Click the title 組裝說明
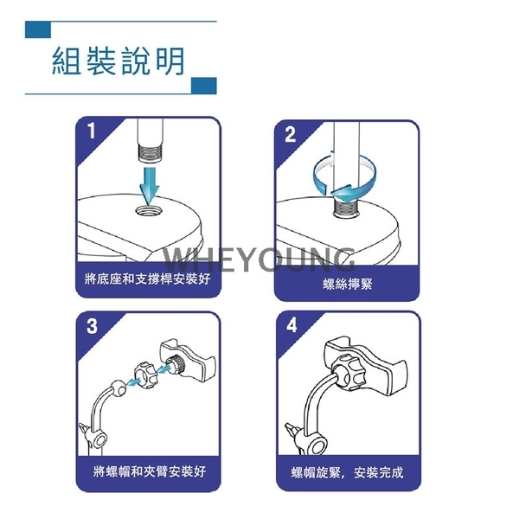(119, 61)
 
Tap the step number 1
(92, 131)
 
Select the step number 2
(290, 134)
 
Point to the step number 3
(92, 326)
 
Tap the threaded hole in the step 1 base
(149, 210)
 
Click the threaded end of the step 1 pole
(150, 154)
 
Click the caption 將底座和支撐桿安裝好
(148, 279)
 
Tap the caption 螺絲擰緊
(348, 284)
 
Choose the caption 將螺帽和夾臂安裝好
(150, 471)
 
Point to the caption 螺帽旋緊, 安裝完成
(347, 472)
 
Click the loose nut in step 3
(146, 375)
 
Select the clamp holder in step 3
(188, 359)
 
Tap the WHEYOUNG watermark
(259, 259)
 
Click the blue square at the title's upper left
(38, 29)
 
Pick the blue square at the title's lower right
(204, 86)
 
